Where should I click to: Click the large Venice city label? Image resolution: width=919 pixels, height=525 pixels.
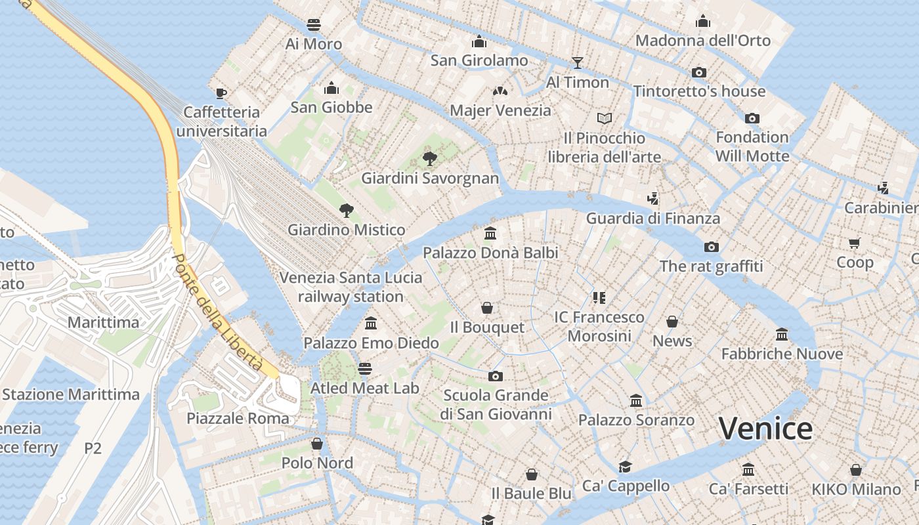pyautogui.click(x=765, y=429)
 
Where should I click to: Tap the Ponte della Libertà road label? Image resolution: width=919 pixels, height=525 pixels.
pyautogui.click(x=217, y=310)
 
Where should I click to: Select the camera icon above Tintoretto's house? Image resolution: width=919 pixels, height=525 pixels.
pyautogui.click(x=699, y=72)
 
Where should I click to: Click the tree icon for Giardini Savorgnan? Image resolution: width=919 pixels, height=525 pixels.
pyautogui.click(x=430, y=158)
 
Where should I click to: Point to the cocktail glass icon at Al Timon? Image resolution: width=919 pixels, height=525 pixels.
pyautogui.click(x=578, y=62)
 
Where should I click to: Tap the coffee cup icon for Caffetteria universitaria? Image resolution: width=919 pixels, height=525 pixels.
pyautogui.click(x=221, y=93)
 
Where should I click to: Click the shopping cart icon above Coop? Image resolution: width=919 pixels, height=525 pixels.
pyautogui.click(x=854, y=243)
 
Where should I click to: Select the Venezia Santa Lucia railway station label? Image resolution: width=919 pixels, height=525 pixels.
pyautogui.click(x=351, y=287)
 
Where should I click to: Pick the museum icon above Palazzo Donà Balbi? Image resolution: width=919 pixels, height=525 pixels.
pyautogui.click(x=490, y=233)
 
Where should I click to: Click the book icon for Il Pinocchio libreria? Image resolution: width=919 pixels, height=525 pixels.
pyautogui.click(x=605, y=118)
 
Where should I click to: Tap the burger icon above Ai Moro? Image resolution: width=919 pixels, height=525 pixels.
pyautogui.click(x=314, y=25)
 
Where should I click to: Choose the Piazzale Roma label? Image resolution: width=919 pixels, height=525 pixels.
pyautogui.click(x=238, y=418)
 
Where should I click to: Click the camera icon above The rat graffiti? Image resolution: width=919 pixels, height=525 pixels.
pyautogui.click(x=711, y=247)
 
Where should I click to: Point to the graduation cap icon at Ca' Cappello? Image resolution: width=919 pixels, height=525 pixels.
pyautogui.click(x=625, y=467)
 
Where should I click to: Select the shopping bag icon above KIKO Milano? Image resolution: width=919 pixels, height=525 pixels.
pyautogui.click(x=856, y=470)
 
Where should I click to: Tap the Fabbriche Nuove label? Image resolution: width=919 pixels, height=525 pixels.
pyautogui.click(x=782, y=354)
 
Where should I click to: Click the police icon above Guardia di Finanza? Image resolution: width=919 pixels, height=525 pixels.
pyautogui.click(x=652, y=198)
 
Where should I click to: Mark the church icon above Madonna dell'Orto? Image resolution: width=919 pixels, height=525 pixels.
pyautogui.click(x=703, y=21)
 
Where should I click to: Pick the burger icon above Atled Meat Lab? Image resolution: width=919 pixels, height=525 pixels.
pyautogui.click(x=365, y=368)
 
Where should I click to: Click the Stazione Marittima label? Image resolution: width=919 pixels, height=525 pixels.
pyautogui.click(x=71, y=394)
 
